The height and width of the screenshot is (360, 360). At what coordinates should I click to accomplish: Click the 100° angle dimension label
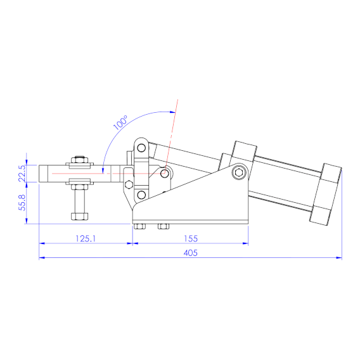coord(120,122)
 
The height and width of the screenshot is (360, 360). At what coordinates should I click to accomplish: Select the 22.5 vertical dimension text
coord(22,174)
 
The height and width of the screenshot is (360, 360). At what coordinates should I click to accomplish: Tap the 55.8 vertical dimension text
coord(22,202)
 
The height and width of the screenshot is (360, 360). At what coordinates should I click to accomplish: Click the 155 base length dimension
coord(191,238)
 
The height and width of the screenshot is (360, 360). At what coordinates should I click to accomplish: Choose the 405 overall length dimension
coord(191,253)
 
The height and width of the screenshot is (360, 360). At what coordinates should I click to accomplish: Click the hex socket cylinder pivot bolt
coord(238,172)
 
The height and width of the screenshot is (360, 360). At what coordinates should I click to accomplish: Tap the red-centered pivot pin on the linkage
coord(164,173)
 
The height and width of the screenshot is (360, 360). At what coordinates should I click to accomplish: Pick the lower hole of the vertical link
coord(141,195)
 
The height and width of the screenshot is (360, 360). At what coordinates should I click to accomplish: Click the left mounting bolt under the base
coord(140,226)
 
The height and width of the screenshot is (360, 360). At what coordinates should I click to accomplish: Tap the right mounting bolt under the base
coord(163,226)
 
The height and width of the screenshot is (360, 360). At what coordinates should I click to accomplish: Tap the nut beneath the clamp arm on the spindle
coord(79,186)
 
